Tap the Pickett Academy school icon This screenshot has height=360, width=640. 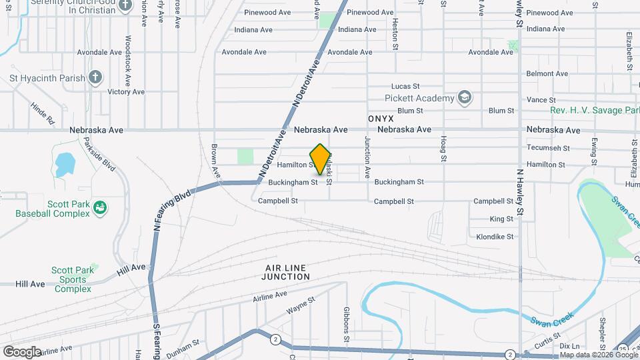pyautogui.click(x=465, y=98)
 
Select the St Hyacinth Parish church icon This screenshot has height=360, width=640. pyautogui.click(x=95, y=77)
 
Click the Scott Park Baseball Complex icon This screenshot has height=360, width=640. pyautogui.click(x=100, y=208)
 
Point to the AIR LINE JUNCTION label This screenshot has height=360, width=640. pyautogui.click(x=286, y=271)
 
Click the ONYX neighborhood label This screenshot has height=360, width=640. pyautogui.click(x=381, y=117)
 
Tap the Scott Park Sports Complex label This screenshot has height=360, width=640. pyautogui.click(x=73, y=279)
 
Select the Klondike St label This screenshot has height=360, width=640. pyautogui.click(x=495, y=237)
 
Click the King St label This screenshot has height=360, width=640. pyautogui.click(x=501, y=219)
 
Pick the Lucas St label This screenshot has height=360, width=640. pyautogui.click(x=405, y=86)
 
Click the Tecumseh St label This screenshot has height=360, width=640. pyautogui.click(x=548, y=149)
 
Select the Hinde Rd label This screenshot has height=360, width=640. pyautogui.click(x=42, y=114)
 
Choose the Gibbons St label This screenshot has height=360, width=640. pyautogui.click(x=347, y=324)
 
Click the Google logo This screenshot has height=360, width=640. pyautogui.click(x=22, y=351)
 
